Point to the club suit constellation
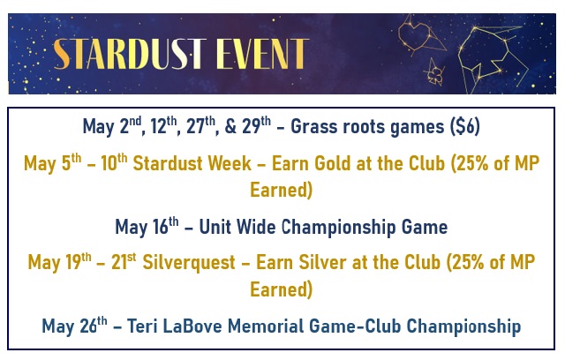434,72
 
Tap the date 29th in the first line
256,125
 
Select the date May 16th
147,226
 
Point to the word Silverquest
189,262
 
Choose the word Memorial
266,326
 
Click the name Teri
142,326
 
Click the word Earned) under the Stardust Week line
281,190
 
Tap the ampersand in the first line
230,127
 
